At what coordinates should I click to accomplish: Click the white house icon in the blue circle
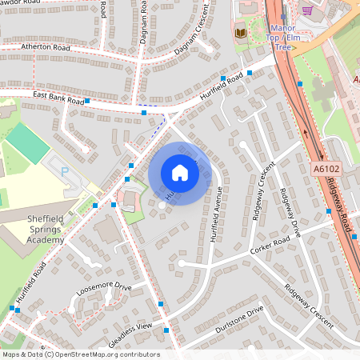point(180,173)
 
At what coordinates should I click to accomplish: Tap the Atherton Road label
point(46,48)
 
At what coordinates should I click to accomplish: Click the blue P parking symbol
point(66,170)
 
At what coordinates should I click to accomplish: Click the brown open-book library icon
point(241,33)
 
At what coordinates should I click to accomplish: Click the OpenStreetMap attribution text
point(80,354)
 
